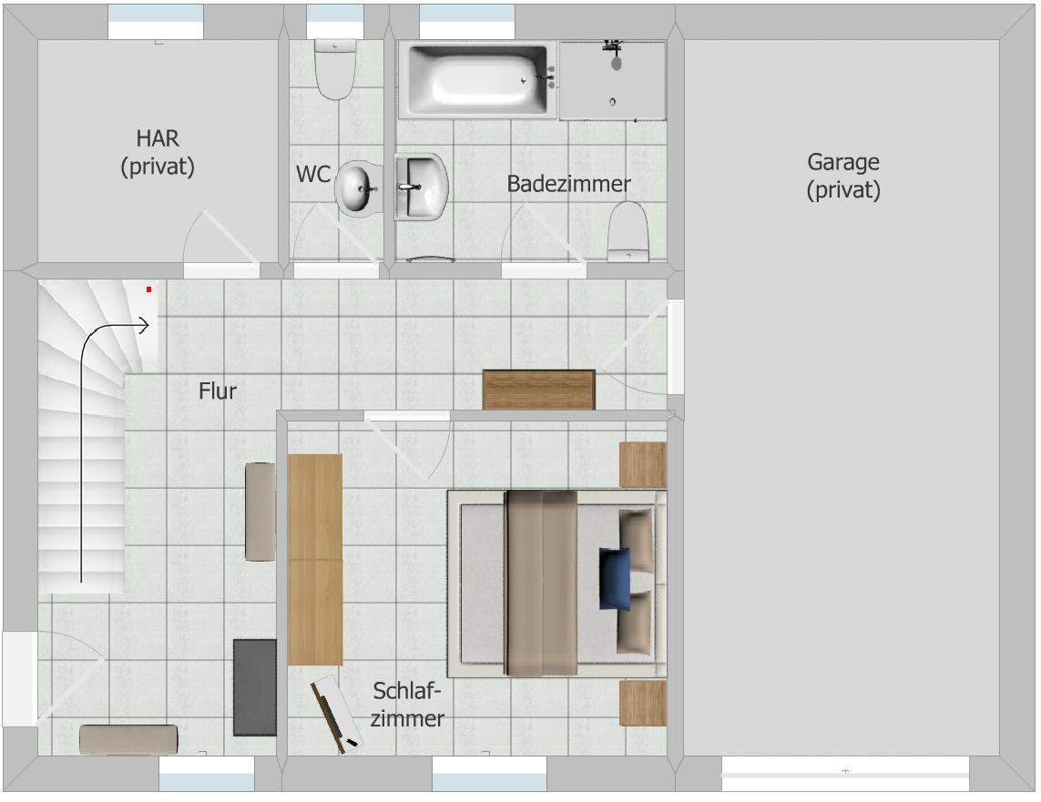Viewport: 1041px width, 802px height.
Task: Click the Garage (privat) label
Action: coord(843,176)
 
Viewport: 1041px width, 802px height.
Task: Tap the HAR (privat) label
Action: coord(158,152)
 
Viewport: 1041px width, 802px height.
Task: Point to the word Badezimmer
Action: coord(568,184)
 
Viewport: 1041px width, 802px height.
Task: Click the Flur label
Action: coord(218,391)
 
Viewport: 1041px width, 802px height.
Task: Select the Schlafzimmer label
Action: coord(407,705)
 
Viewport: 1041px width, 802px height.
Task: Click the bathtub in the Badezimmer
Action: coord(477,79)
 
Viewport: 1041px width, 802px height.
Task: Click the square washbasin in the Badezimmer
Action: coord(421,187)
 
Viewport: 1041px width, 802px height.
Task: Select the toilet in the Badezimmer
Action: coord(628,231)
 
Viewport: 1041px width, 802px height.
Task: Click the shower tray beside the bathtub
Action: coord(613,80)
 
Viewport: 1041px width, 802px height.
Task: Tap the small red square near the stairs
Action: coord(148,289)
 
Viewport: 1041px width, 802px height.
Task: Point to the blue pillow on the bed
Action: coord(615,578)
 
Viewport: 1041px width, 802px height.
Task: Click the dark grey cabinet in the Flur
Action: coord(255,687)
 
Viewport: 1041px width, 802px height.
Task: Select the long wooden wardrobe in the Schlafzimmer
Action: coord(315,559)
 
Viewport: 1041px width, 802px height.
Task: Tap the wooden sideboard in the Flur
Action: coord(538,390)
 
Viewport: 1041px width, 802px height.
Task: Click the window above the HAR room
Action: coord(156,22)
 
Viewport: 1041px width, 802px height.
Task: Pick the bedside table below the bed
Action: coord(643,703)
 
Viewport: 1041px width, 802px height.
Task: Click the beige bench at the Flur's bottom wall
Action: coord(128,739)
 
